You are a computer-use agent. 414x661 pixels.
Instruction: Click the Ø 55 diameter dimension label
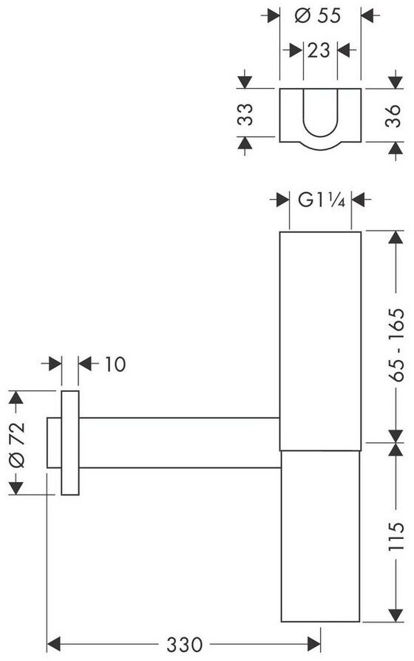[x=317, y=16]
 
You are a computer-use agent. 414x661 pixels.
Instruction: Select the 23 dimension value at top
[x=319, y=50]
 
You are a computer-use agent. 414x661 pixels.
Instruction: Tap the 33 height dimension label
[x=245, y=115]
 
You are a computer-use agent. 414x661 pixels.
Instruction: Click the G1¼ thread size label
[x=322, y=200]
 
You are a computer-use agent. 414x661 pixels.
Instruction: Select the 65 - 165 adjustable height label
[x=396, y=345]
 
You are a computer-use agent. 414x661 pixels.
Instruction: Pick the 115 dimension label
[x=396, y=537]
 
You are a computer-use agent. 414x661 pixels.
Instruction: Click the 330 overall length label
[x=184, y=645]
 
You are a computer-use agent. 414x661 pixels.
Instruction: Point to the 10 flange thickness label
[x=115, y=365]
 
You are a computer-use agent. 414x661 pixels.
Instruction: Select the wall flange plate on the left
[x=70, y=443]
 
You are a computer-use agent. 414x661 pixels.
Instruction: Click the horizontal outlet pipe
[x=179, y=443]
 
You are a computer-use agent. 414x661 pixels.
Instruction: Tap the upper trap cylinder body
[x=320, y=341]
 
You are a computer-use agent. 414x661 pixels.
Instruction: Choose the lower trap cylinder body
[x=320, y=536]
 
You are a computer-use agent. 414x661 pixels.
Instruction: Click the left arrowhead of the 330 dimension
[x=54, y=644]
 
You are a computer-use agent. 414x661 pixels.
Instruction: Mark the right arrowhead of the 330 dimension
[x=313, y=644]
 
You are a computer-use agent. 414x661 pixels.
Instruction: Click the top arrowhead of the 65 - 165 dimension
[x=396, y=238]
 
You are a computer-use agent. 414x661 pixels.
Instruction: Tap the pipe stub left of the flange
[x=54, y=443]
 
